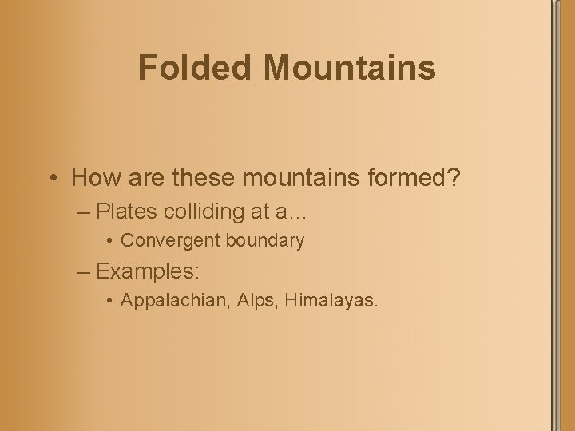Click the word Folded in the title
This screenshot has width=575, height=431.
click(x=196, y=68)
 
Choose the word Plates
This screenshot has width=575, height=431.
click(x=129, y=212)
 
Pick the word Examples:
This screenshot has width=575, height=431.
click(x=148, y=271)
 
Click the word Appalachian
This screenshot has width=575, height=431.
click(x=174, y=301)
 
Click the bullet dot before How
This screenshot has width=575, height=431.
click(x=53, y=179)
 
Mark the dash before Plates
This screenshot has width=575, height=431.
click(x=85, y=213)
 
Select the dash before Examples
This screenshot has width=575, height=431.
click(x=85, y=271)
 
